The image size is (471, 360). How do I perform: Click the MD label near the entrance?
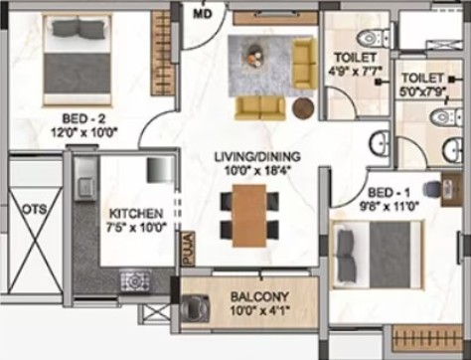coord(203,14)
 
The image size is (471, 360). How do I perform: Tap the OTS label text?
coord(35,209)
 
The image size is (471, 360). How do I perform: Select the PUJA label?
coord(188,249)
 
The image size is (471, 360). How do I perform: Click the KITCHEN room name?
coord(136,213)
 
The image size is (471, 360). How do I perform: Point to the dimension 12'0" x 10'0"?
coord(84,133)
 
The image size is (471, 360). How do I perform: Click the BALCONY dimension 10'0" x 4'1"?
coord(260,310)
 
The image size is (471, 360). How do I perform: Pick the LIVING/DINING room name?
coord(257,156)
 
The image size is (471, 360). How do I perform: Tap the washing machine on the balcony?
coord(196,308)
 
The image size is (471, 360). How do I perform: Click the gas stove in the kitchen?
coord(135,281)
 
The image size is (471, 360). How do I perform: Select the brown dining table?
coord(249,216)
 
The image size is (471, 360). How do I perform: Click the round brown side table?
coord(303,107)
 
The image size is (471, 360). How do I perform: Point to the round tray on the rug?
coord(253,56)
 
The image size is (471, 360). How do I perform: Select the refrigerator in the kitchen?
coord(160,169)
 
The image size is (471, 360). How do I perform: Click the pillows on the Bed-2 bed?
coord(78,29)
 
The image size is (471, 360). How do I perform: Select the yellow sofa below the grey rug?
coord(260,107)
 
